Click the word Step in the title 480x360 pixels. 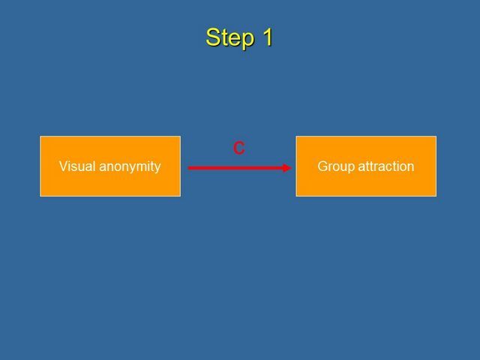[230, 38]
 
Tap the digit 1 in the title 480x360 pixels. [267, 37]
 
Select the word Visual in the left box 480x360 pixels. [77, 166]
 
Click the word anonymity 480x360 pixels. [130, 167]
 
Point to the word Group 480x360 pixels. [336, 167]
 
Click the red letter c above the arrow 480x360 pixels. [238, 148]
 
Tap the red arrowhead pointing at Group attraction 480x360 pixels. [286, 168]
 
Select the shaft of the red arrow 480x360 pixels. [235, 168]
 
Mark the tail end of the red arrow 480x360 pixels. [188, 168]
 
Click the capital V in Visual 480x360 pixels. [63, 166]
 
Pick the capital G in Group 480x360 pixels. [322, 166]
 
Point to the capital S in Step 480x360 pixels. [212, 37]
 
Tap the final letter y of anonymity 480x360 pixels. [157, 168]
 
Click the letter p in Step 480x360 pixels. [248, 40]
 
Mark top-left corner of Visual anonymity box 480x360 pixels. [40, 136]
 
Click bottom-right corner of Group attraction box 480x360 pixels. [436, 196]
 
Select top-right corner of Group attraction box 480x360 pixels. [436, 136]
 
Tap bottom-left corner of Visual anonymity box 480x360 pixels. [40, 196]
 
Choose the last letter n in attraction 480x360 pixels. [411, 168]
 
